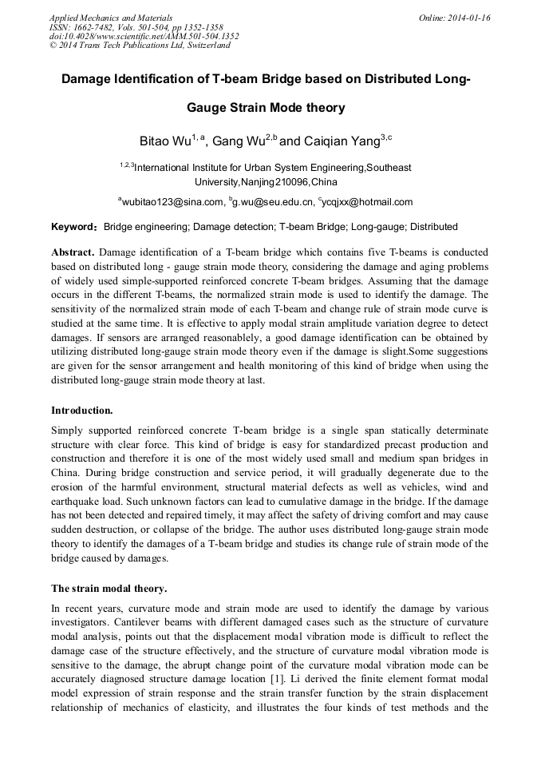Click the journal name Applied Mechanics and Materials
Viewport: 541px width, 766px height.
(x=110, y=18)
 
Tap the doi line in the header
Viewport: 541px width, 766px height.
(x=144, y=36)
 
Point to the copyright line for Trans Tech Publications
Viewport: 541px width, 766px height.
(x=140, y=46)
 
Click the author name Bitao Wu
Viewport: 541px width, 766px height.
(x=165, y=141)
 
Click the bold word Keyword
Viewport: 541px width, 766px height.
(x=73, y=227)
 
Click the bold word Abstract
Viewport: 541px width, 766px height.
(x=73, y=251)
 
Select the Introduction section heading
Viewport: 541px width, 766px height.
(x=82, y=410)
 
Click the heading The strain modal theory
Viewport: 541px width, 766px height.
(x=109, y=589)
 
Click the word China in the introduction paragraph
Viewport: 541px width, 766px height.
(x=65, y=473)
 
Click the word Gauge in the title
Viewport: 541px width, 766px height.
(x=209, y=107)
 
